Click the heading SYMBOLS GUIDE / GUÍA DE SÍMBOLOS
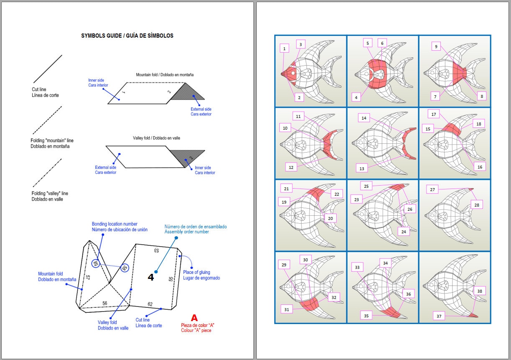[127, 36]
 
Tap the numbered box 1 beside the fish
[284, 49]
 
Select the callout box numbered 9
[436, 47]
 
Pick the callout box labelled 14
[364, 118]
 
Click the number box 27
[432, 189]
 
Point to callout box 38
[479, 291]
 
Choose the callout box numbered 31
[286, 309]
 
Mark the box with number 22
[336, 194]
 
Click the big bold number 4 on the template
[151, 277]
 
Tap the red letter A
[194, 317]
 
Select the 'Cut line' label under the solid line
[45, 92]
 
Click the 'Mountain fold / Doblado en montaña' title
[164, 75]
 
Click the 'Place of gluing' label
[201, 275]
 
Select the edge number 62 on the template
[150, 304]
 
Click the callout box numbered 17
[434, 114]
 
